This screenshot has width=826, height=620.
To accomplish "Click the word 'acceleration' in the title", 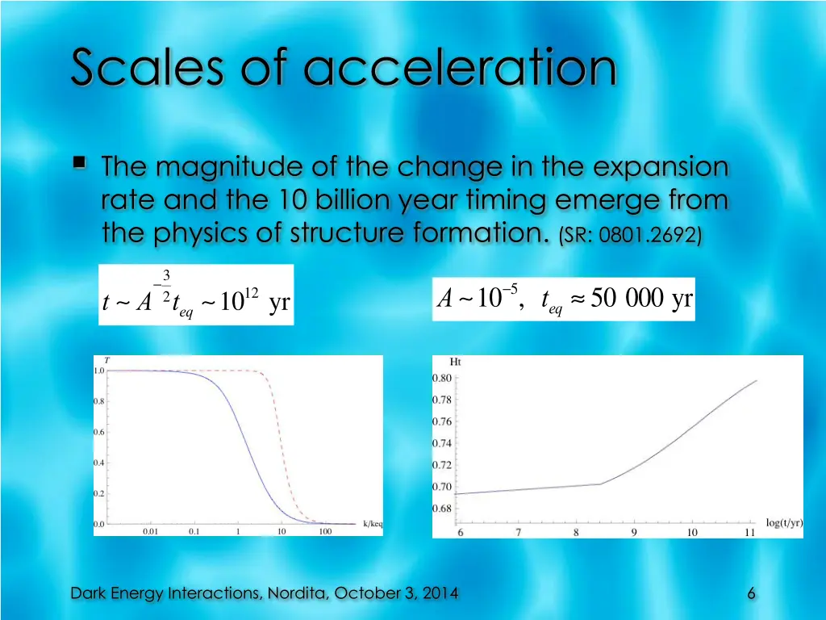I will (460, 68).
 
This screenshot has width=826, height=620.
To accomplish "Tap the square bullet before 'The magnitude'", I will (81, 165).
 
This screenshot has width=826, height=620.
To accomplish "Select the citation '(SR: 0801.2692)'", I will (630, 235).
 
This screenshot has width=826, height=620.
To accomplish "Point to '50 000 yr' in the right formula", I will (641, 300).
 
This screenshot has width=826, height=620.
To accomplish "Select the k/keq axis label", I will (372, 523).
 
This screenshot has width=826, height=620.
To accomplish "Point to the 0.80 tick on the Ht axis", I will (441, 378).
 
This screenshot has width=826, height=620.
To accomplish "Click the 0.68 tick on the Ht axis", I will (441, 509).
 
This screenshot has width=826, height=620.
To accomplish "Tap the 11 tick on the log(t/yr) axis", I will (749, 533).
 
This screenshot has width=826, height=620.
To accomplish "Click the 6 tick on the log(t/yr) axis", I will (461, 533).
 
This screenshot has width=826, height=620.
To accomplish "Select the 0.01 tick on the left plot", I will (151, 532).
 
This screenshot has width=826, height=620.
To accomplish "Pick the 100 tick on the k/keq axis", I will (325, 532).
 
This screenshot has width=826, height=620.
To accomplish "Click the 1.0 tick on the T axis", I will (98, 371).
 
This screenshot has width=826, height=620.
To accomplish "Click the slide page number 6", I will (751, 593).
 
